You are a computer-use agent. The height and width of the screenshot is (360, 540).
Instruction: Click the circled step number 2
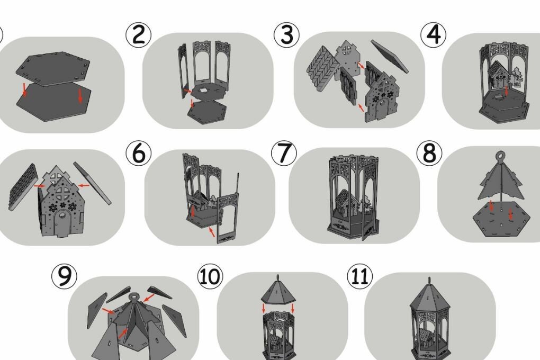[x=139, y=35]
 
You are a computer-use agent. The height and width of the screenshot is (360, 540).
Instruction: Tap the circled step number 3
[x=286, y=35]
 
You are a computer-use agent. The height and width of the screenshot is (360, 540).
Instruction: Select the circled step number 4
[x=433, y=35]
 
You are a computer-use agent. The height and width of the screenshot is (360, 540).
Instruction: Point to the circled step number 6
[x=139, y=154]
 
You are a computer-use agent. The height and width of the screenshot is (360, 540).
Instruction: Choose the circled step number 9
[x=65, y=276]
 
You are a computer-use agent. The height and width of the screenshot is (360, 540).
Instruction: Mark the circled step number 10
[x=210, y=276]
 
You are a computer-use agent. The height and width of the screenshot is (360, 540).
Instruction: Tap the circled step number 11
[x=359, y=276]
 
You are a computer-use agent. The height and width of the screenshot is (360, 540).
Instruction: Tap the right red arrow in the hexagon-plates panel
[x=80, y=95]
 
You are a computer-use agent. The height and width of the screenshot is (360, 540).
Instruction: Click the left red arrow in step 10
[x=264, y=308]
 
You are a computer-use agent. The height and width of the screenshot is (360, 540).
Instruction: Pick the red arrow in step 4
[x=506, y=91]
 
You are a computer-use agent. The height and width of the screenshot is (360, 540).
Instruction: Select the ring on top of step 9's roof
[x=133, y=296]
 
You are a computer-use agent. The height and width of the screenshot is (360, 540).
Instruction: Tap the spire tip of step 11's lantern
[x=429, y=277]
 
